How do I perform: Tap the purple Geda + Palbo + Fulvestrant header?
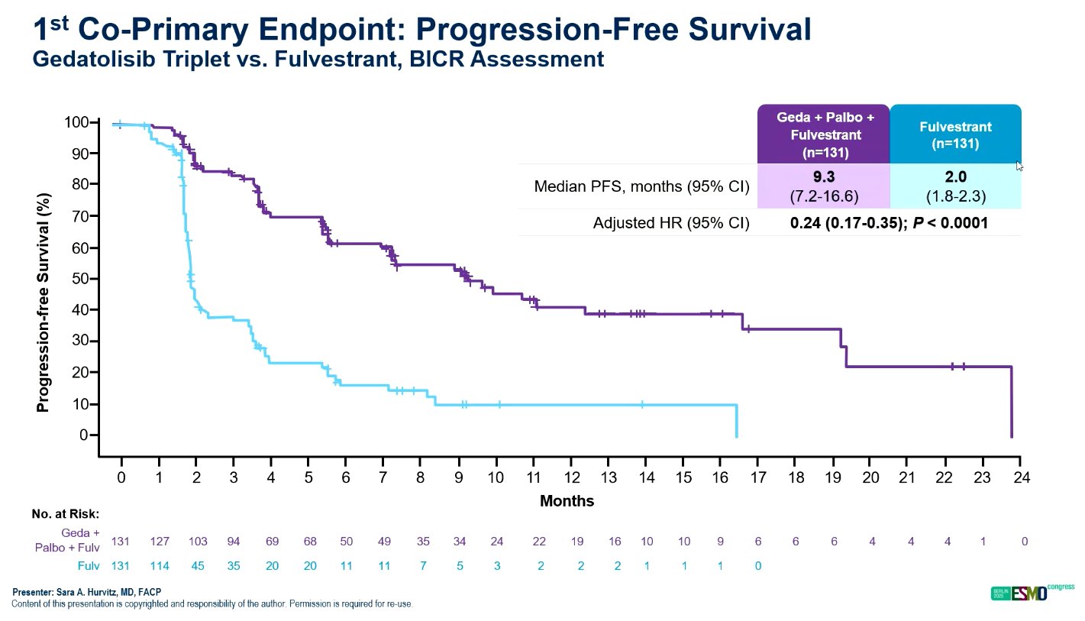[823, 134]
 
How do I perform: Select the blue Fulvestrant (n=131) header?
[955, 134]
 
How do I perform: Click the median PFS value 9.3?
[823, 178]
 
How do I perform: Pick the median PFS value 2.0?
[955, 178]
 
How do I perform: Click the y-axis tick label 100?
[78, 122]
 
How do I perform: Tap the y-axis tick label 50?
[82, 279]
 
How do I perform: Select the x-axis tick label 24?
[1021, 477]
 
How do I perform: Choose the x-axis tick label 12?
[571, 477]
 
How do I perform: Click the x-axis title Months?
[567, 502]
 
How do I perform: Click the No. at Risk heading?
[66, 513]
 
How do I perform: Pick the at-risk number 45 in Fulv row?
[196, 566]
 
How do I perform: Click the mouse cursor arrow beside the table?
[1019, 166]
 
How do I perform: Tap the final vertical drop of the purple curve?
[1012, 401]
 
